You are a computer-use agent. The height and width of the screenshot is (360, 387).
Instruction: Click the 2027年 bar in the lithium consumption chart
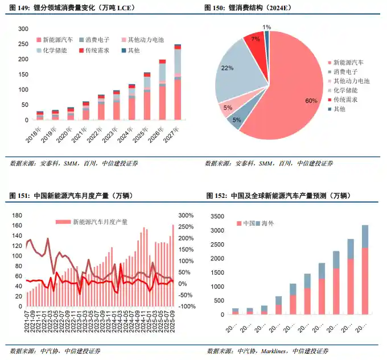[x=178, y=85]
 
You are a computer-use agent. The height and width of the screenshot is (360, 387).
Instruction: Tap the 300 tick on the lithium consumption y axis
[x=23, y=29]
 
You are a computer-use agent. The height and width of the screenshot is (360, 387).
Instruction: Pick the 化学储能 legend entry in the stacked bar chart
[x=55, y=51]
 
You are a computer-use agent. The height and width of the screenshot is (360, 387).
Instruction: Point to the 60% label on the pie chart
[x=311, y=101]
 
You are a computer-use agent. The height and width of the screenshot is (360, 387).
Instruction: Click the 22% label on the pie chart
[x=228, y=68]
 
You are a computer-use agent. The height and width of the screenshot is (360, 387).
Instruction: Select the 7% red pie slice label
[x=255, y=39]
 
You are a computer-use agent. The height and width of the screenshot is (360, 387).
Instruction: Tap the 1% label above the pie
[x=267, y=27]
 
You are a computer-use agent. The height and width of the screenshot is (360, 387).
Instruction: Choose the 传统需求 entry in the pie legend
[x=347, y=100]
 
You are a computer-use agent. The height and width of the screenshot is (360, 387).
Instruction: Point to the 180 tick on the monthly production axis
[x=17, y=216]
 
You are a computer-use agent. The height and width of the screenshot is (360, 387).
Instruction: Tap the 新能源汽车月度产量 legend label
[x=100, y=222]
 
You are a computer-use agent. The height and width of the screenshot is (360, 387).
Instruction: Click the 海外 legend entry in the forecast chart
[x=267, y=224]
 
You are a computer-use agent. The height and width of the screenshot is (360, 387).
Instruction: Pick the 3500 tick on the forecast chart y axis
[x=219, y=216]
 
